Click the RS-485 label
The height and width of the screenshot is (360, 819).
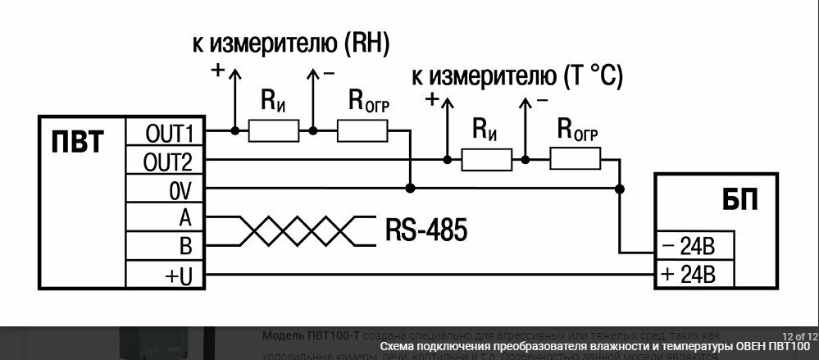point(425,230)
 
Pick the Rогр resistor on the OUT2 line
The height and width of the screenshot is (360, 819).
point(575,159)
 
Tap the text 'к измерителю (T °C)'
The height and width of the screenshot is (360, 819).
point(516,77)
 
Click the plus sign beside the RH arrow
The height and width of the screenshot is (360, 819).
point(217,71)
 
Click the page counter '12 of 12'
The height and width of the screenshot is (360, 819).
point(799,336)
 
